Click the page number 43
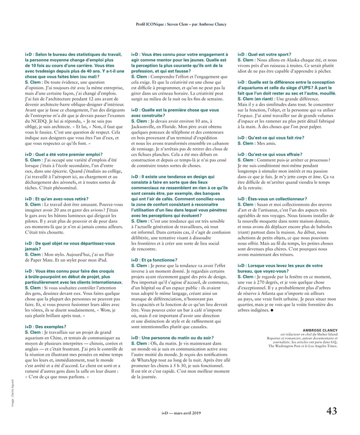331,412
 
